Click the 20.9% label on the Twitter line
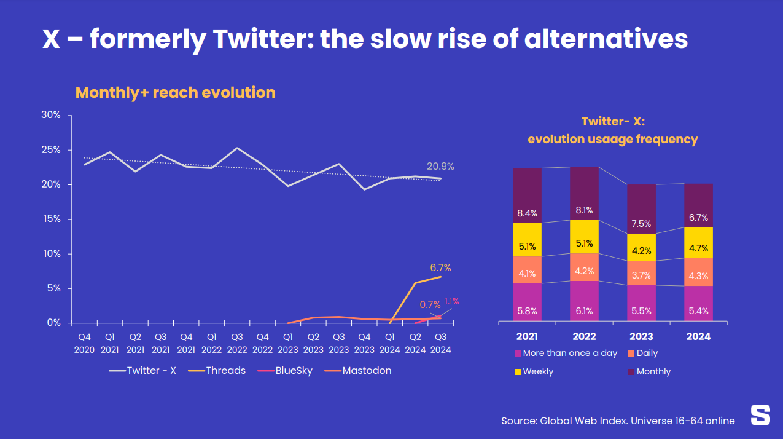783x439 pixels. (x=440, y=167)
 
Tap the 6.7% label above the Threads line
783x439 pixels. (x=440, y=268)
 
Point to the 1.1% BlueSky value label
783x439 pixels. (x=451, y=301)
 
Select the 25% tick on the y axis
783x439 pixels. (x=50, y=150)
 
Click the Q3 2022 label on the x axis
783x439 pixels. (x=236, y=343)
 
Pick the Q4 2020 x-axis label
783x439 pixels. (x=84, y=343)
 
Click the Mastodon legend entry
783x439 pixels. (x=366, y=371)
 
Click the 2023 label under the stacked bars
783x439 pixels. (x=641, y=336)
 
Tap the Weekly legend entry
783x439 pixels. (x=537, y=371)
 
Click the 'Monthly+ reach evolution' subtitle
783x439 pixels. (x=175, y=93)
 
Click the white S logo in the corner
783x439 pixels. (x=760, y=415)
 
